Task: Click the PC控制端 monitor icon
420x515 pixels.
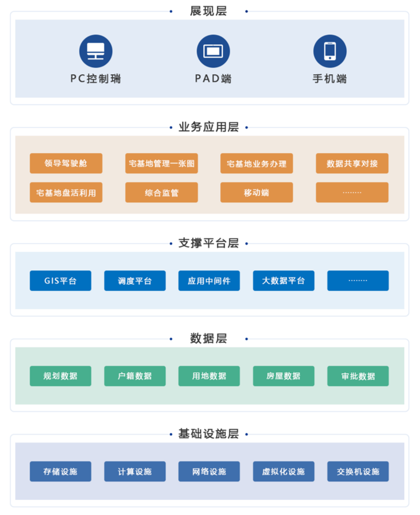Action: coord(96,51)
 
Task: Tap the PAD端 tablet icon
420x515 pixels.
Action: coord(213,51)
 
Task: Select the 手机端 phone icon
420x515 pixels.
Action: coord(329,51)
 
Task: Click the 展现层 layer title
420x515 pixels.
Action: coord(208,11)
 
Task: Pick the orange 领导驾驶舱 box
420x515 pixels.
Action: coord(66,164)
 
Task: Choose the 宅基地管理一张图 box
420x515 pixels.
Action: coord(161,164)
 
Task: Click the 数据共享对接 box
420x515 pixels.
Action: coord(352,164)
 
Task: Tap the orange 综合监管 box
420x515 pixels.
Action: coord(161,193)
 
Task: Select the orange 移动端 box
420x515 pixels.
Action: coord(256,193)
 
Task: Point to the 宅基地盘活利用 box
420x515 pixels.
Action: coord(66,193)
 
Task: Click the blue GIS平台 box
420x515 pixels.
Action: coord(61,281)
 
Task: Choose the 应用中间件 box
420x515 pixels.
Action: coord(209,281)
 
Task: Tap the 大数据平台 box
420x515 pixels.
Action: coord(283,281)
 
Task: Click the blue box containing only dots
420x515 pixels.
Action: coord(358,281)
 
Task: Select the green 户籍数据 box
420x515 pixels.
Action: coord(135,376)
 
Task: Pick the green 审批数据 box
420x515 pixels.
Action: coord(358,376)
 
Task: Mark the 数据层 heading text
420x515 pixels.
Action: coord(208,338)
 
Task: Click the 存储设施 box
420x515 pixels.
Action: coord(61,471)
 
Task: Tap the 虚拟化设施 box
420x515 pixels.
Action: coord(283,471)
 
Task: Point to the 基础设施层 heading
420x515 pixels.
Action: coord(208,434)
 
